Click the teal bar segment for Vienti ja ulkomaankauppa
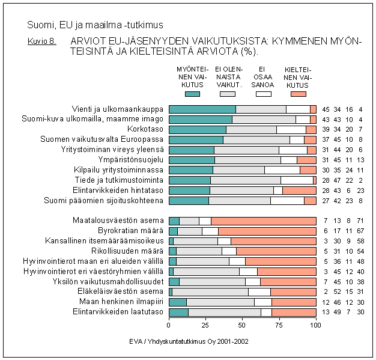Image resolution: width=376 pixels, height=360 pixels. pos(202,109)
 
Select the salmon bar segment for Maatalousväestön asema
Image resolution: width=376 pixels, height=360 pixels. pos(264,221)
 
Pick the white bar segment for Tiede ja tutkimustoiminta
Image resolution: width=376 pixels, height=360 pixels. pos(297,180)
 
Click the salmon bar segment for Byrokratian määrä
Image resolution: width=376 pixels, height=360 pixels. pos(267,231)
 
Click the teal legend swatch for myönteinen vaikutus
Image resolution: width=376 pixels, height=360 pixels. pos(193,94)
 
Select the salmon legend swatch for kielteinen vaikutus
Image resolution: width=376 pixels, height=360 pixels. pos(298,94)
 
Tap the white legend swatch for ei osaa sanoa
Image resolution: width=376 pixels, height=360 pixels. pos(263,94)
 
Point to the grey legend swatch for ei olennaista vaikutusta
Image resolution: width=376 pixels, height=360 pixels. pos(228,94)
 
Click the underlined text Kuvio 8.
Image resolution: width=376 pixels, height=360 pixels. pos(41,41)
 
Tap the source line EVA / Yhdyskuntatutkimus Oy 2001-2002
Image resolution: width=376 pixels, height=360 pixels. pos(189,341)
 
